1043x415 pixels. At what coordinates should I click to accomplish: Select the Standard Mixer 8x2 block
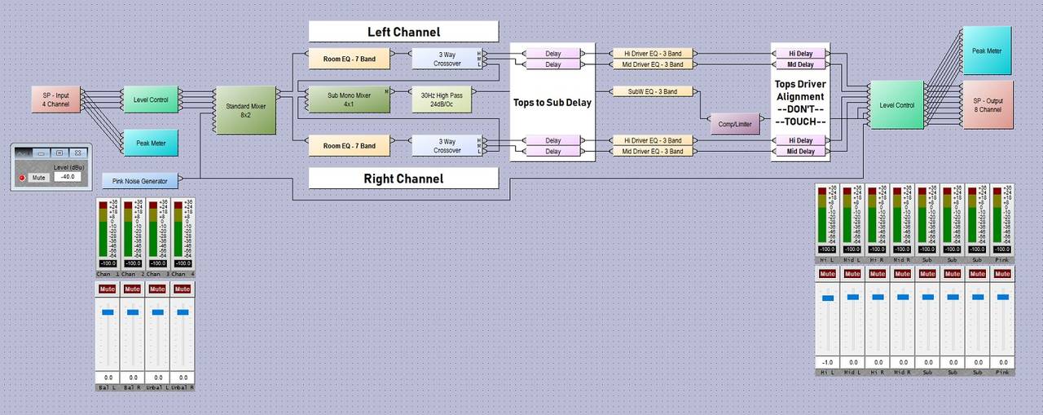pyautogui.click(x=244, y=110)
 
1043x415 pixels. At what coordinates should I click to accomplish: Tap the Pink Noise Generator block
pyautogui.click(x=140, y=180)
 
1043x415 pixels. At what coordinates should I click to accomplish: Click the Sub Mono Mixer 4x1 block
pyautogui.click(x=348, y=99)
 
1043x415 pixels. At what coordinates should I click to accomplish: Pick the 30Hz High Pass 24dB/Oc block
pyautogui.click(x=442, y=99)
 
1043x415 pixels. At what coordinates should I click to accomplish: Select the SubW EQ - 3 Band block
pyautogui.click(x=653, y=91)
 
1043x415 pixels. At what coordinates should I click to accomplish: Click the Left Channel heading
pyautogui.click(x=403, y=32)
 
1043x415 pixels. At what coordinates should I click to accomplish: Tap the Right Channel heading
pyautogui.click(x=403, y=179)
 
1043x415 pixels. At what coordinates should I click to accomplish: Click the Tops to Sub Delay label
pyautogui.click(x=552, y=103)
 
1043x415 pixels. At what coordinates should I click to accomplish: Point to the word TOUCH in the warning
pyautogui.click(x=800, y=121)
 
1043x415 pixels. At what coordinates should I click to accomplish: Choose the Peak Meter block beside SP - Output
pyautogui.click(x=987, y=51)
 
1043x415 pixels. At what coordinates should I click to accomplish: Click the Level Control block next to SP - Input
pyautogui.click(x=152, y=99)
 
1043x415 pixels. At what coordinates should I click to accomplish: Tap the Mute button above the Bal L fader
pyautogui.click(x=108, y=289)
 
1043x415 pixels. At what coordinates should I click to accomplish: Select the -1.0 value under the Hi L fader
pyautogui.click(x=827, y=362)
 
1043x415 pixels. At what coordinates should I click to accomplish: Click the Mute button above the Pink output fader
pyautogui.click(x=1002, y=273)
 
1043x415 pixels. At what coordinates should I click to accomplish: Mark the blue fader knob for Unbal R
pyautogui.click(x=183, y=312)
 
